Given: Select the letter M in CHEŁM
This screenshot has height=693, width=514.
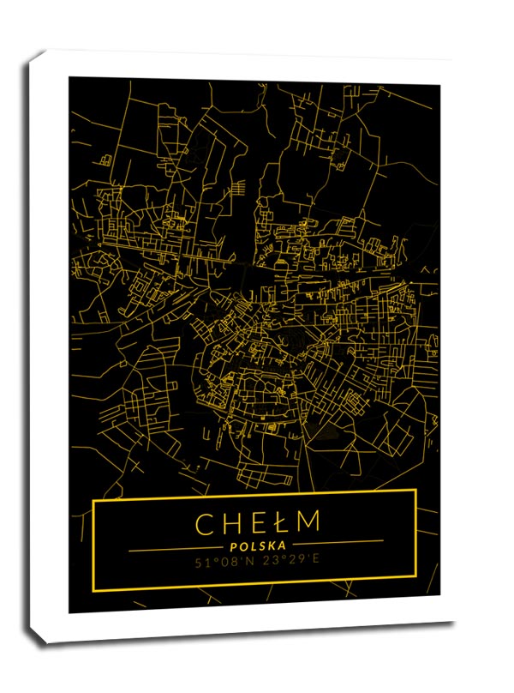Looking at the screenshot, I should (307, 522).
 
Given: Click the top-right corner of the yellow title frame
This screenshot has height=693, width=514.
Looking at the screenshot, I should (415, 491).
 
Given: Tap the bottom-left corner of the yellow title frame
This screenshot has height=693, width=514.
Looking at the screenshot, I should (94, 591).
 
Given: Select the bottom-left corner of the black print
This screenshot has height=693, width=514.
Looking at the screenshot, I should (69, 612).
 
